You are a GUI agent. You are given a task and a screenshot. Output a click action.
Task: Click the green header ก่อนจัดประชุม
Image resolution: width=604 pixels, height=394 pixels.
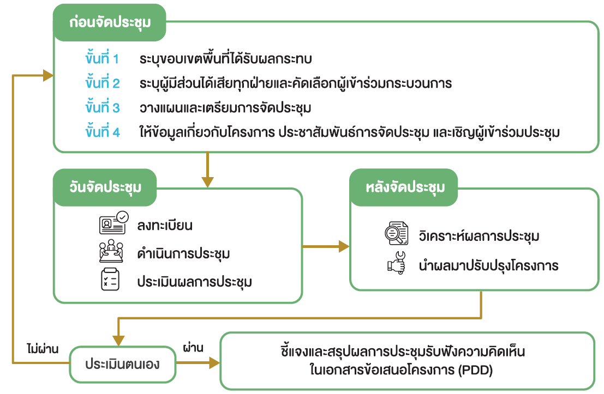(x=109, y=23)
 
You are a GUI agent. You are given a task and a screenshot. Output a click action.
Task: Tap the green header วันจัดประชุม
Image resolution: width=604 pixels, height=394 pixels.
(x=105, y=187)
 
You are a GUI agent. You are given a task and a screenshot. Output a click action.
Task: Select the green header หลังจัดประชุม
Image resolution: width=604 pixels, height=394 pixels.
(x=405, y=187)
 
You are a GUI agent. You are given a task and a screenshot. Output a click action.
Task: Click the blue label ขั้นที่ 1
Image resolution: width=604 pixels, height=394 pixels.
(x=102, y=59)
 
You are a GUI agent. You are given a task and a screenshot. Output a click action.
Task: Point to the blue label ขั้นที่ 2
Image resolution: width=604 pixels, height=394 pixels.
(x=102, y=83)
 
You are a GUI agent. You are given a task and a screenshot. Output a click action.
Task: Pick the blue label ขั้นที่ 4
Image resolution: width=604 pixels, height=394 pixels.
(x=102, y=132)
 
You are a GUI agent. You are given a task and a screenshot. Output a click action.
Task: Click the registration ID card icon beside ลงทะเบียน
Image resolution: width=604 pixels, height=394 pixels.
(x=113, y=223)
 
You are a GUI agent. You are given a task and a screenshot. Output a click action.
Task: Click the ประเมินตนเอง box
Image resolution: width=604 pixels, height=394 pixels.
(x=123, y=363)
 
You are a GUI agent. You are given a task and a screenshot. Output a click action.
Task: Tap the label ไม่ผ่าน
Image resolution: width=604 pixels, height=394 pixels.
(x=42, y=348)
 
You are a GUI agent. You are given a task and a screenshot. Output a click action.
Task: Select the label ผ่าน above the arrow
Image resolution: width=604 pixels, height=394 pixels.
(x=193, y=347)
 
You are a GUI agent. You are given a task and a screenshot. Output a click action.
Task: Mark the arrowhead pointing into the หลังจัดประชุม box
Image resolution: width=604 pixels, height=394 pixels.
(x=343, y=247)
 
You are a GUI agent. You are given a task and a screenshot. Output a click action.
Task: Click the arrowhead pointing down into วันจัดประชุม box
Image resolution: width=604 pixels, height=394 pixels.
(x=207, y=180)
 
